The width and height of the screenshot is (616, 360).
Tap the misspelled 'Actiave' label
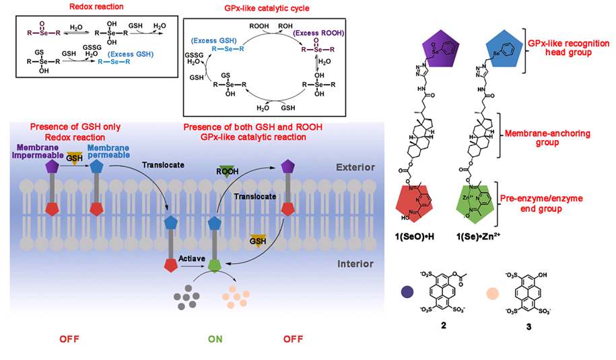tap(191, 257)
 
